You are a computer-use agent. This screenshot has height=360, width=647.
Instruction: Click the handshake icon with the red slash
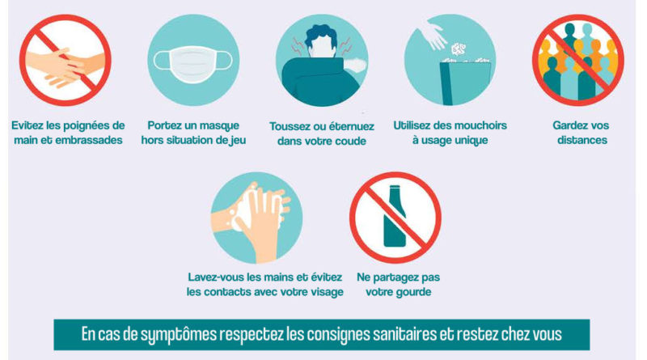[x=66, y=61]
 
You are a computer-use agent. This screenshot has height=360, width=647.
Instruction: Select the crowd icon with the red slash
[x=577, y=61]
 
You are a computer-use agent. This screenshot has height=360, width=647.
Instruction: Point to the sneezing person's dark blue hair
[x=320, y=35]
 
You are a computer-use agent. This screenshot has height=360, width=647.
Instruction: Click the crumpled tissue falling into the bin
[x=458, y=49]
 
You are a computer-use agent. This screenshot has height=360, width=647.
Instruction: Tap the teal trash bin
[x=464, y=83]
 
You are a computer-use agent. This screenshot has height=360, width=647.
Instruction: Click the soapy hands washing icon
[x=256, y=218]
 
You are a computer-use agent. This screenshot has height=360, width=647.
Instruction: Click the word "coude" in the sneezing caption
[x=351, y=141]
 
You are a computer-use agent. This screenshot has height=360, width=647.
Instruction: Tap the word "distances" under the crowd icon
[x=581, y=140]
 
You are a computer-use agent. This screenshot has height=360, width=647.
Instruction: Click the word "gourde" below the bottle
[x=412, y=292]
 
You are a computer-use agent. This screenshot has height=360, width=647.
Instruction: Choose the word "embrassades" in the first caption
[x=89, y=140]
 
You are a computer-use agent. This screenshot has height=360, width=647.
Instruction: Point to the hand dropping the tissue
[x=433, y=34]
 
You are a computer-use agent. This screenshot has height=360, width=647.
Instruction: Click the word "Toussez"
[x=289, y=126]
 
